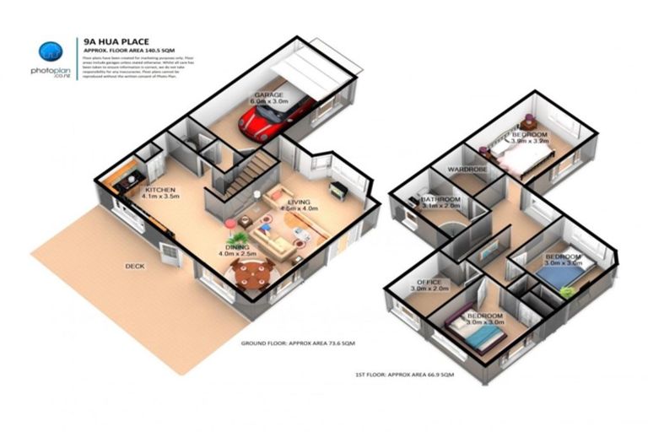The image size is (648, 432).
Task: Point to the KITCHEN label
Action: pyautogui.click(x=160, y=191)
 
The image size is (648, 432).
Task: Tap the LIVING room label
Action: pyautogui.click(x=300, y=203)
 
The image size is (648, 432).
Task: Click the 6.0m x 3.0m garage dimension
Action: pyautogui.click(x=270, y=104)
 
